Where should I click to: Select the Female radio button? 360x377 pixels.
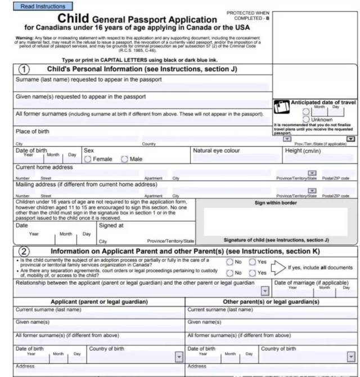point(88,159)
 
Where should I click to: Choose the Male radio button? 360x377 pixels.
point(124,159)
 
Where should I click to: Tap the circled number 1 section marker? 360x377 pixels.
point(24,70)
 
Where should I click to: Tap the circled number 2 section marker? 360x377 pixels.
point(24,251)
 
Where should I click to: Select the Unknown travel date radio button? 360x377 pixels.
point(306,119)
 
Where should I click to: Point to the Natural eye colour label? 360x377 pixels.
point(217,151)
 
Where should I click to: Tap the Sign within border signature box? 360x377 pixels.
point(276,221)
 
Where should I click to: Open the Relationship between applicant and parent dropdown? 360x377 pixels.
point(265,290)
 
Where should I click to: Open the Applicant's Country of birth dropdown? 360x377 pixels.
point(179,357)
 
